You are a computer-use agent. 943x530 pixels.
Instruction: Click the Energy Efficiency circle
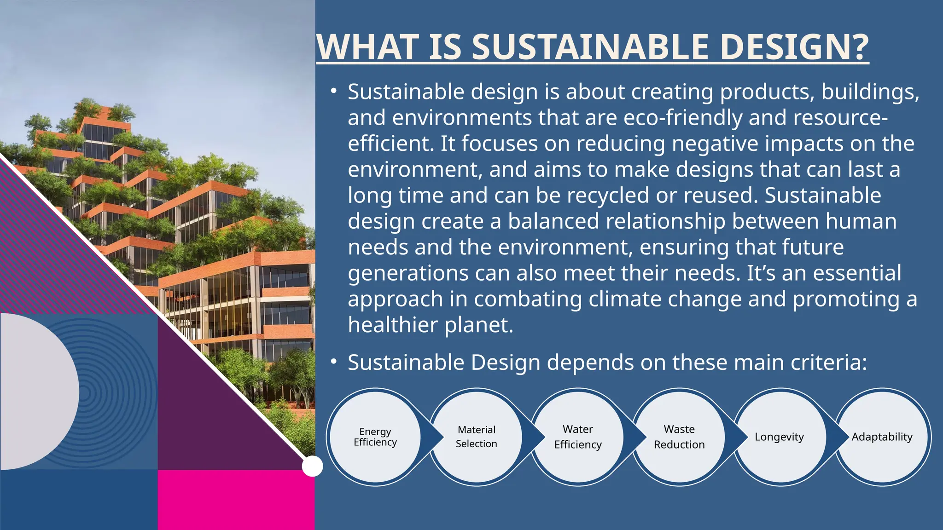point(375,437)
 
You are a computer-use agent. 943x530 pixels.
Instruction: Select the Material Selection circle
point(477,437)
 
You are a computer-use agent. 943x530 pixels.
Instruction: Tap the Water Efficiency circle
point(578,437)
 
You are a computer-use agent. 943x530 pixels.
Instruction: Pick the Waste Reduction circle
point(679,437)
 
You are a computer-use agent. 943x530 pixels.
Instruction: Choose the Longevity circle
point(780,437)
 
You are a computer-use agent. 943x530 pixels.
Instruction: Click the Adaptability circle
point(882,437)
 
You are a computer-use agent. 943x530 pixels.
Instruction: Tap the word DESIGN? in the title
point(794,47)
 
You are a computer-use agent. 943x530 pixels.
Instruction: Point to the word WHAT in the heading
point(369,47)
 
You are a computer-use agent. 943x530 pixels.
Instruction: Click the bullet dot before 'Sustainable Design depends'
point(334,362)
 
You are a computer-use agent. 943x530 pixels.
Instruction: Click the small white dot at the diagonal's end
point(312,466)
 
